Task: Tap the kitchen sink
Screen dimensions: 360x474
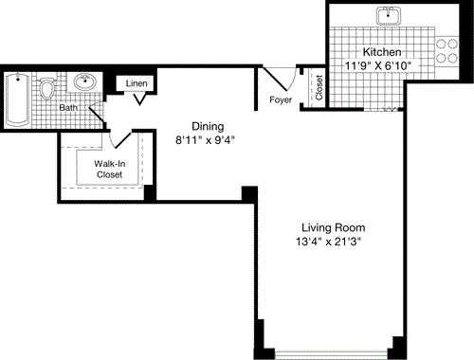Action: click(389, 16)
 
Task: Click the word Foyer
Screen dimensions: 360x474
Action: click(281, 98)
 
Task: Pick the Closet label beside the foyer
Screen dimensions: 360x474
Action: click(319, 87)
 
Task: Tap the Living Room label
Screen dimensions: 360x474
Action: click(333, 227)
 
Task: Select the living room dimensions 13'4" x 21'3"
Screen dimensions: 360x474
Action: click(333, 243)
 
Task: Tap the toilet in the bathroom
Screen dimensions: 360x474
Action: click(48, 90)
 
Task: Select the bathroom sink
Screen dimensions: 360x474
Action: click(86, 81)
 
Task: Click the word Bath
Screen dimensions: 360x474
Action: click(68, 107)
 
